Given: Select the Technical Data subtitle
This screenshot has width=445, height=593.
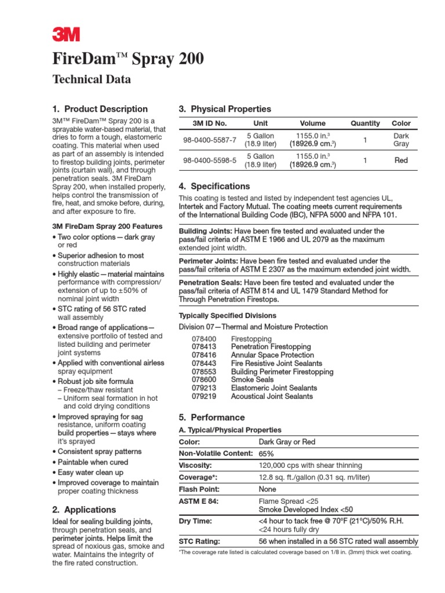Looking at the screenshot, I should pos(92,79).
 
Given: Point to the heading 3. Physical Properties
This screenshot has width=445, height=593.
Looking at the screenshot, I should pos(227,109).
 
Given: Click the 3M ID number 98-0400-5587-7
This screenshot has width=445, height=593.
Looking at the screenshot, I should pos(209,140).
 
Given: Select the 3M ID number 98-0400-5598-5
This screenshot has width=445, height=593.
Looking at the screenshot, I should pos(209,160).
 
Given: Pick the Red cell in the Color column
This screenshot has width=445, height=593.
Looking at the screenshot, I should pos(401,160).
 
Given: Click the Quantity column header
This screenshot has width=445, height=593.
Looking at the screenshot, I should pos(365,123).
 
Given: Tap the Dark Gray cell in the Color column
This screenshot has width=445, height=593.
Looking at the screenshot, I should pos(401,140).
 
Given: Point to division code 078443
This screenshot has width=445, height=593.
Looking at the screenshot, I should pos(203,363).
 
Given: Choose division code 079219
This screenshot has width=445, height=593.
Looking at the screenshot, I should pos(203,396).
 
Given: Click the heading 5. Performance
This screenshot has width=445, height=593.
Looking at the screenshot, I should pos(212,418).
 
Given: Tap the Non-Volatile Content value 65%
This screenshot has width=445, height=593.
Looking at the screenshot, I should pos(266,453).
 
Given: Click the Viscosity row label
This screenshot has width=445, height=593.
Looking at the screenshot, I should pos(196,465).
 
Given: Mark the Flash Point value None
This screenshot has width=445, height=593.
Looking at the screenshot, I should pos(268,489).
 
